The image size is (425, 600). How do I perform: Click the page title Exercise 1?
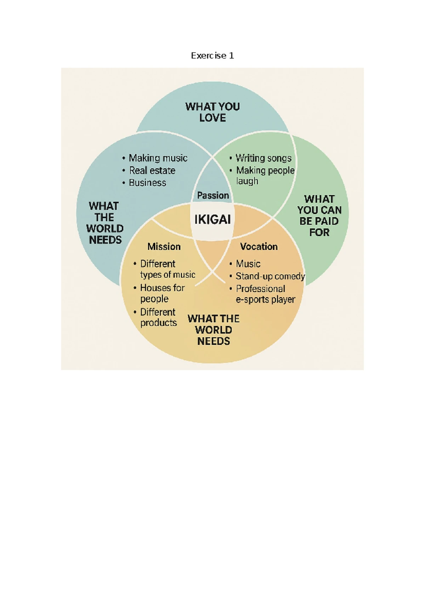[x=212, y=56]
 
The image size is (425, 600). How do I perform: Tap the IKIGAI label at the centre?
[x=212, y=219]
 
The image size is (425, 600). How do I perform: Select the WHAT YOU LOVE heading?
[x=212, y=112]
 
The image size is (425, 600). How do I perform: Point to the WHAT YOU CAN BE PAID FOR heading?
[x=319, y=216]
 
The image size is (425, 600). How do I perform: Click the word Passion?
[x=213, y=195]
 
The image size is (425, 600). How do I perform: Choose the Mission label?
[x=164, y=247]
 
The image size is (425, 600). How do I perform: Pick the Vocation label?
[x=259, y=247]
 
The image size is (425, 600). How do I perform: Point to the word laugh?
[x=247, y=181]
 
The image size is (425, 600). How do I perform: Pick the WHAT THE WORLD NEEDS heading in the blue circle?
[x=104, y=223]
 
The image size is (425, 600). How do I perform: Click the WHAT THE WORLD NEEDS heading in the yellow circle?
[x=214, y=330]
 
